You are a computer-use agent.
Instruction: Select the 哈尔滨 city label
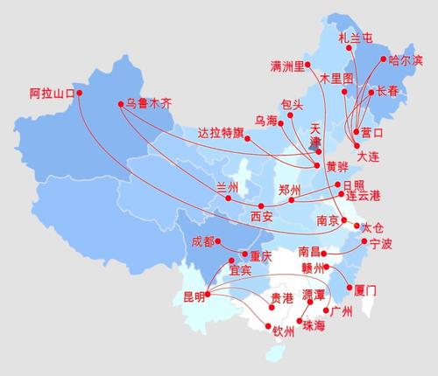(x=405, y=60)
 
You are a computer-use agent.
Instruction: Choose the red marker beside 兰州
(x=229, y=198)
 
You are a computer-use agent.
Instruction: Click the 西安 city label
(x=261, y=216)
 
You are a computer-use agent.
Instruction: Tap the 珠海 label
(x=314, y=326)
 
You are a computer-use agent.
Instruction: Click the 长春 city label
(x=386, y=91)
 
